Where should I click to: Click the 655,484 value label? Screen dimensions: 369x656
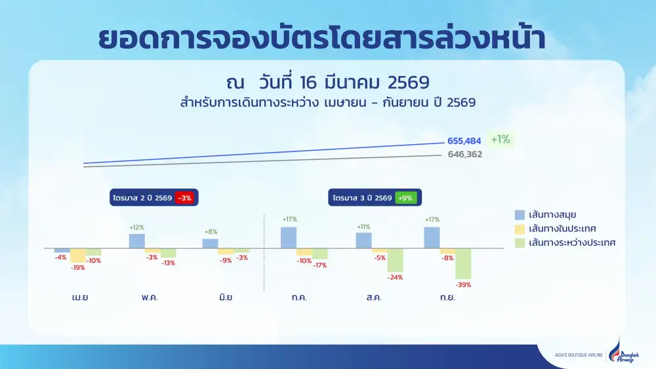click(x=464, y=141)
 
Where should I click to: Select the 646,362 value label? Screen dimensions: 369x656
click(x=464, y=155)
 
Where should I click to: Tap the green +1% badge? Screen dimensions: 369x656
click(x=501, y=139)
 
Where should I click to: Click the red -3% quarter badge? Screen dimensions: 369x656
click(x=184, y=197)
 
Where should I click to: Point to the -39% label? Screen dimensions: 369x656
click(x=463, y=285)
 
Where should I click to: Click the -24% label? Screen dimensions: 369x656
click(x=395, y=277)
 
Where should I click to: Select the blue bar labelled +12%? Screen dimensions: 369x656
click(x=137, y=241)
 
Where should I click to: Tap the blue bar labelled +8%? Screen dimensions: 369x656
click(x=210, y=243)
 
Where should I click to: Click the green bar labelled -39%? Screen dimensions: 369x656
click(x=463, y=263)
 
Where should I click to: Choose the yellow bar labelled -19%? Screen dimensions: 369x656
click(x=78, y=256)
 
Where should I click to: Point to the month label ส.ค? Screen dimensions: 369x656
click(x=375, y=297)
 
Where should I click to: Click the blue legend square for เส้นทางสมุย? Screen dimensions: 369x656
click(x=520, y=215)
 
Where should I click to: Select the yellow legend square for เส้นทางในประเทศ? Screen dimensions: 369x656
click(x=520, y=229)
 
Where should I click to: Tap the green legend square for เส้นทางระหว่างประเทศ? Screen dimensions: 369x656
click(x=520, y=243)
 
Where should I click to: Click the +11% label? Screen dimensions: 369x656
click(x=363, y=227)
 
